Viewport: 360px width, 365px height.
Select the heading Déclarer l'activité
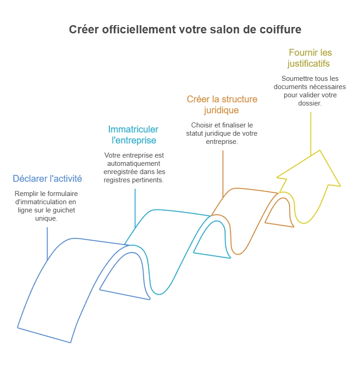point(47,178)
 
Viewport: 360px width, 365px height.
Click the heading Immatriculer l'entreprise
point(134,135)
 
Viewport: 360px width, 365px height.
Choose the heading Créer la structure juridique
point(222,105)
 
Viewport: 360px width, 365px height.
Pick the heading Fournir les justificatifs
point(310,58)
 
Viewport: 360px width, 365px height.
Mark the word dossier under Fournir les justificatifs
point(310,103)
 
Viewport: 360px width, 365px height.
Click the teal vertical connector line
point(135,208)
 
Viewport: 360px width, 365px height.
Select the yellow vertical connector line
point(311,132)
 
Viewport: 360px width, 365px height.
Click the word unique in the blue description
point(47,218)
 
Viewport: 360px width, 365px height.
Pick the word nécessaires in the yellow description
point(327,86)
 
